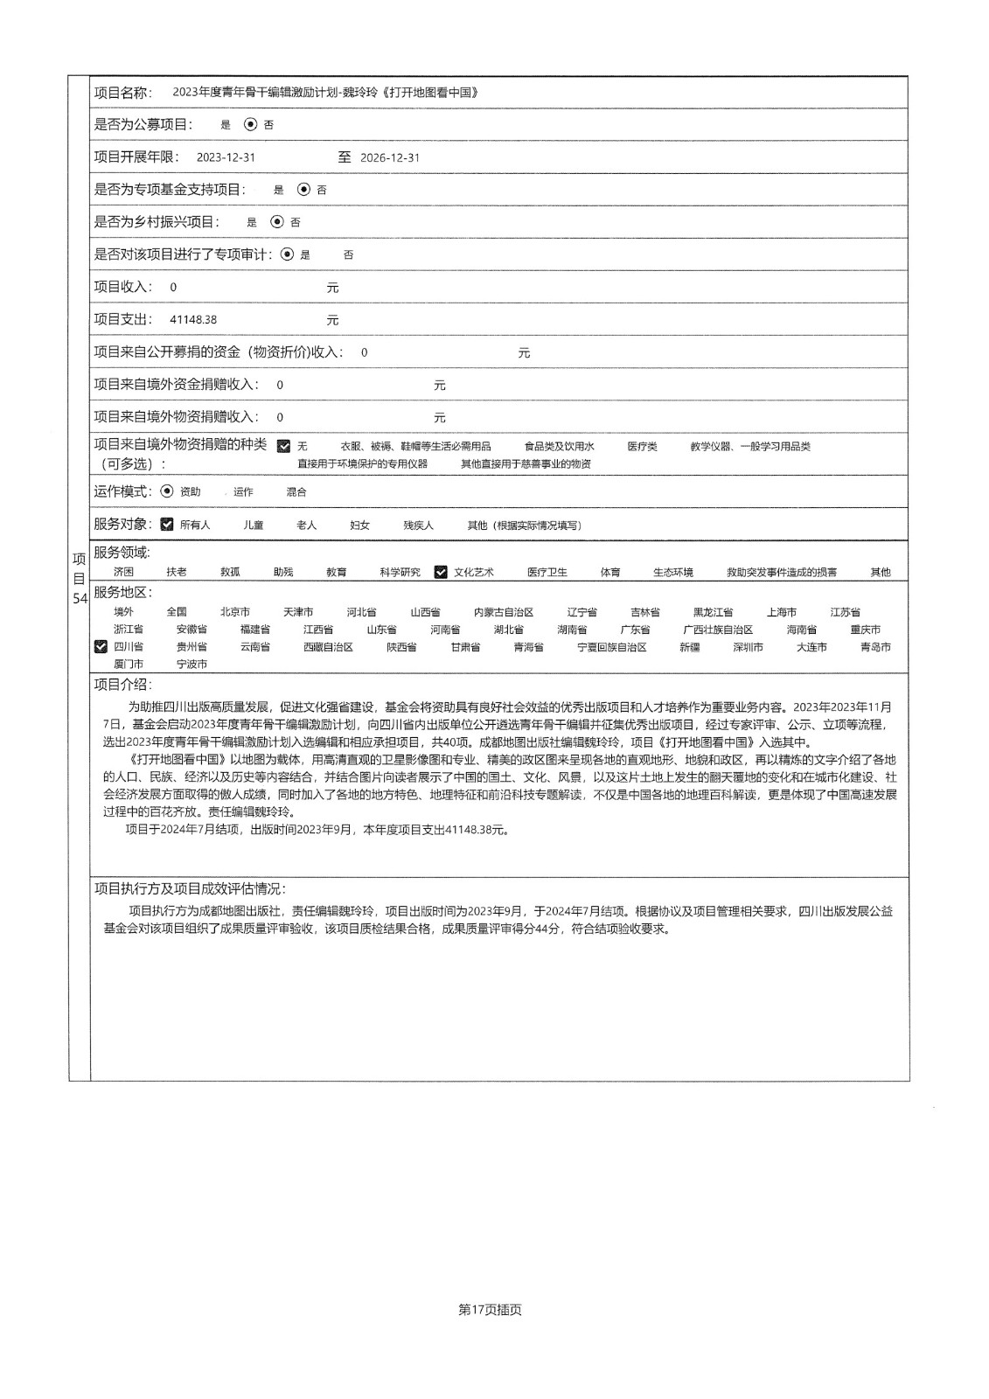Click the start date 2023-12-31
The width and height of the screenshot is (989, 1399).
coord(226,157)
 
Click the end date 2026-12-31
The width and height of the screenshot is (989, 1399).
coord(390,157)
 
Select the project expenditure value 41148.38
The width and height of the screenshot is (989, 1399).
coord(193,320)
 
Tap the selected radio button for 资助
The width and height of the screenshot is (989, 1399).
coord(168,491)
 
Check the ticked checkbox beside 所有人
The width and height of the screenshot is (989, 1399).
coord(168,525)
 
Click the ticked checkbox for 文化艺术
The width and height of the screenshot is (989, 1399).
coord(441,572)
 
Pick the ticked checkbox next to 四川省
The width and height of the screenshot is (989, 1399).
coord(101,647)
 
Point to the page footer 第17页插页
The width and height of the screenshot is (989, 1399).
coord(490,1310)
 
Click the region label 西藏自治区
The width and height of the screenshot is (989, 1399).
coord(328,647)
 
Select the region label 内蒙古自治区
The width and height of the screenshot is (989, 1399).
coord(504,612)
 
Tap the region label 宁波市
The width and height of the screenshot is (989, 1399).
coord(192,665)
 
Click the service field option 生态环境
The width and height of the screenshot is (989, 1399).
coord(673,572)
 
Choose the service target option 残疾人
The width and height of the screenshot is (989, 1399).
coord(418,525)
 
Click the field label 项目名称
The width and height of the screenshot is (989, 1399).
coord(122,93)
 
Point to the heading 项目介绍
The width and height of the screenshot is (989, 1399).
coord(122,684)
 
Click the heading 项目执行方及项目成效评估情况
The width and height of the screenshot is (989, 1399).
coord(190,888)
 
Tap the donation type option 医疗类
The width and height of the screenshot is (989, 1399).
coord(642,446)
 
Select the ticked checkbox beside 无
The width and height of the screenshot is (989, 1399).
coord(283,446)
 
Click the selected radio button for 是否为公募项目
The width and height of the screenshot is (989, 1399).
coord(251,125)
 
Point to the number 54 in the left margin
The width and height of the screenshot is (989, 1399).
coord(80,599)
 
